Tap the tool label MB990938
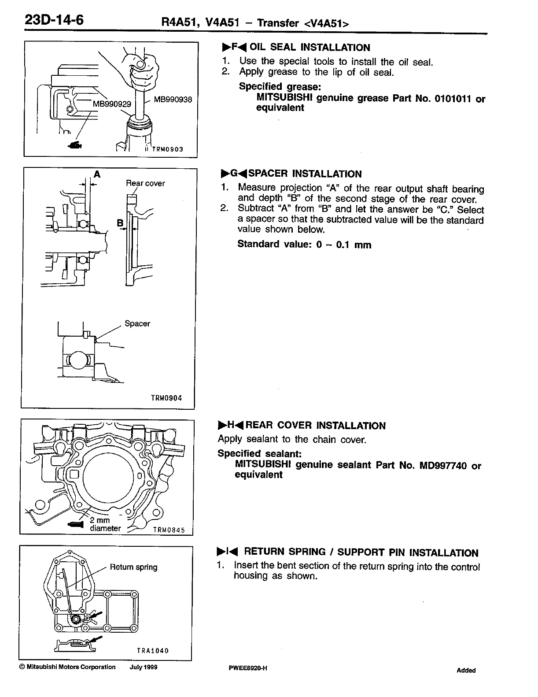(173, 100)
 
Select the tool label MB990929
(112, 104)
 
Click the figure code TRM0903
(167, 149)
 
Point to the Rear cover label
(145, 183)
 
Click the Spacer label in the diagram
(137, 324)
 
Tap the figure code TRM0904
(166, 398)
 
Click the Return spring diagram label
(133, 567)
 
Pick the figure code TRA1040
(153, 651)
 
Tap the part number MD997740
(441, 466)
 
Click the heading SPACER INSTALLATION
(305, 174)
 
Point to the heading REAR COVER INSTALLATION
(315, 426)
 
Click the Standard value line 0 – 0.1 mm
(304, 245)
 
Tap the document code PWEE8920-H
(248, 668)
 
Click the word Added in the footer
(466, 671)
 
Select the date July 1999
(144, 667)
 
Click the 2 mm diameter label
(105, 524)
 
